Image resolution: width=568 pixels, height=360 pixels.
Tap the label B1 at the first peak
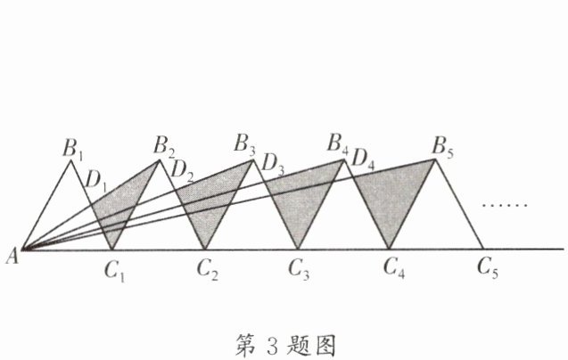pyautogui.click(x=73, y=148)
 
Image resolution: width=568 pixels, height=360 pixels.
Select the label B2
pyautogui.click(x=164, y=145)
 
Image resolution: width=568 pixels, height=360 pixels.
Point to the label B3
pyautogui.click(x=245, y=143)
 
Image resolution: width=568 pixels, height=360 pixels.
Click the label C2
pyautogui.click(x=208, y=266)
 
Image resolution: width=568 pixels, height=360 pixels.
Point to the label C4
pyautogui.click(x=393, y=266)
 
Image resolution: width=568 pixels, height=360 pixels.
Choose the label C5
pyautogui.click(x=486, y=266)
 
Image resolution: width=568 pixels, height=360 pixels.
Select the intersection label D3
pyautogui.click(x=274, y=165)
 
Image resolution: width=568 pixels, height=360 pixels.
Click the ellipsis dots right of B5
pyautogui.click(x=506, y=205)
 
